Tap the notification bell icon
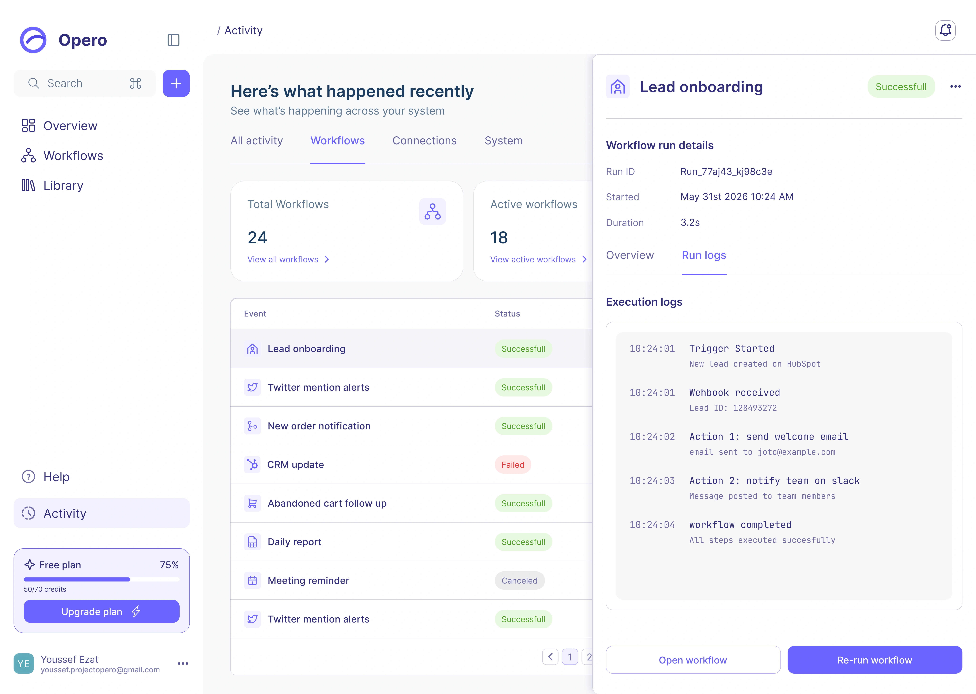pos(945,30)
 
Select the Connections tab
pos(424,141)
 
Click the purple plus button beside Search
pos(176,83)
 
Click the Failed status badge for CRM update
pos(513,465)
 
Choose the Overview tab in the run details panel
pos(630,255)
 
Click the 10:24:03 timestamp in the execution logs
pos(652,481)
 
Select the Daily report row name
pos(294,542)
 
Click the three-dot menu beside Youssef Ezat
pos(183,664)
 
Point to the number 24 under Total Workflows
pos(257,238)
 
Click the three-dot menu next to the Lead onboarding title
pos(955,87)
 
